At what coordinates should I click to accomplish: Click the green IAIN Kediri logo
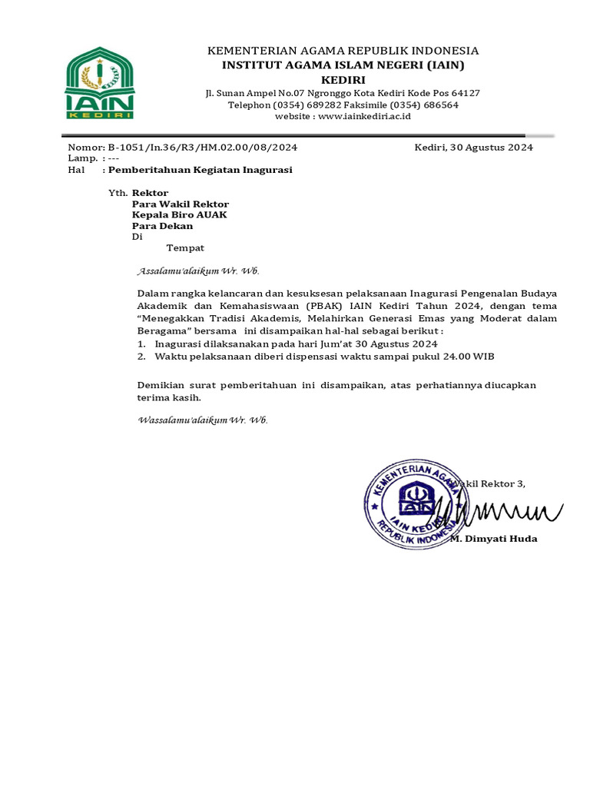tap(100, 83)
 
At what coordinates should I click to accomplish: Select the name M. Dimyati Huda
tap(493, 539)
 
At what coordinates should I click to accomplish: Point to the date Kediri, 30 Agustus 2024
tap(473, 148)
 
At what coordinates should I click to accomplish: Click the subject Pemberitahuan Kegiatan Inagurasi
tap(200, 170)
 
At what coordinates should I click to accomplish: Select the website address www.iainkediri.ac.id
tap(365, 116)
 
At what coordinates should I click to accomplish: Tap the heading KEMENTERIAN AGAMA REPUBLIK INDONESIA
tap(343, 51)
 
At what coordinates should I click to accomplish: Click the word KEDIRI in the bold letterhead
tap(343, 80)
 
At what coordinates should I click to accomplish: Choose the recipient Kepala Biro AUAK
tap(180, 215)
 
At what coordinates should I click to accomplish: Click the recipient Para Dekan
tap(162, 226)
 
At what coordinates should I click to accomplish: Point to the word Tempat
tap(185, 247)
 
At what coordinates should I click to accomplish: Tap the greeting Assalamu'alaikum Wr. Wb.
tap(198, 271)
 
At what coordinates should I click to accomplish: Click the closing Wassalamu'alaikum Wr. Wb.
tap(202, 420)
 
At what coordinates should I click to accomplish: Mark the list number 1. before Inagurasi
tap(141, 344)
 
